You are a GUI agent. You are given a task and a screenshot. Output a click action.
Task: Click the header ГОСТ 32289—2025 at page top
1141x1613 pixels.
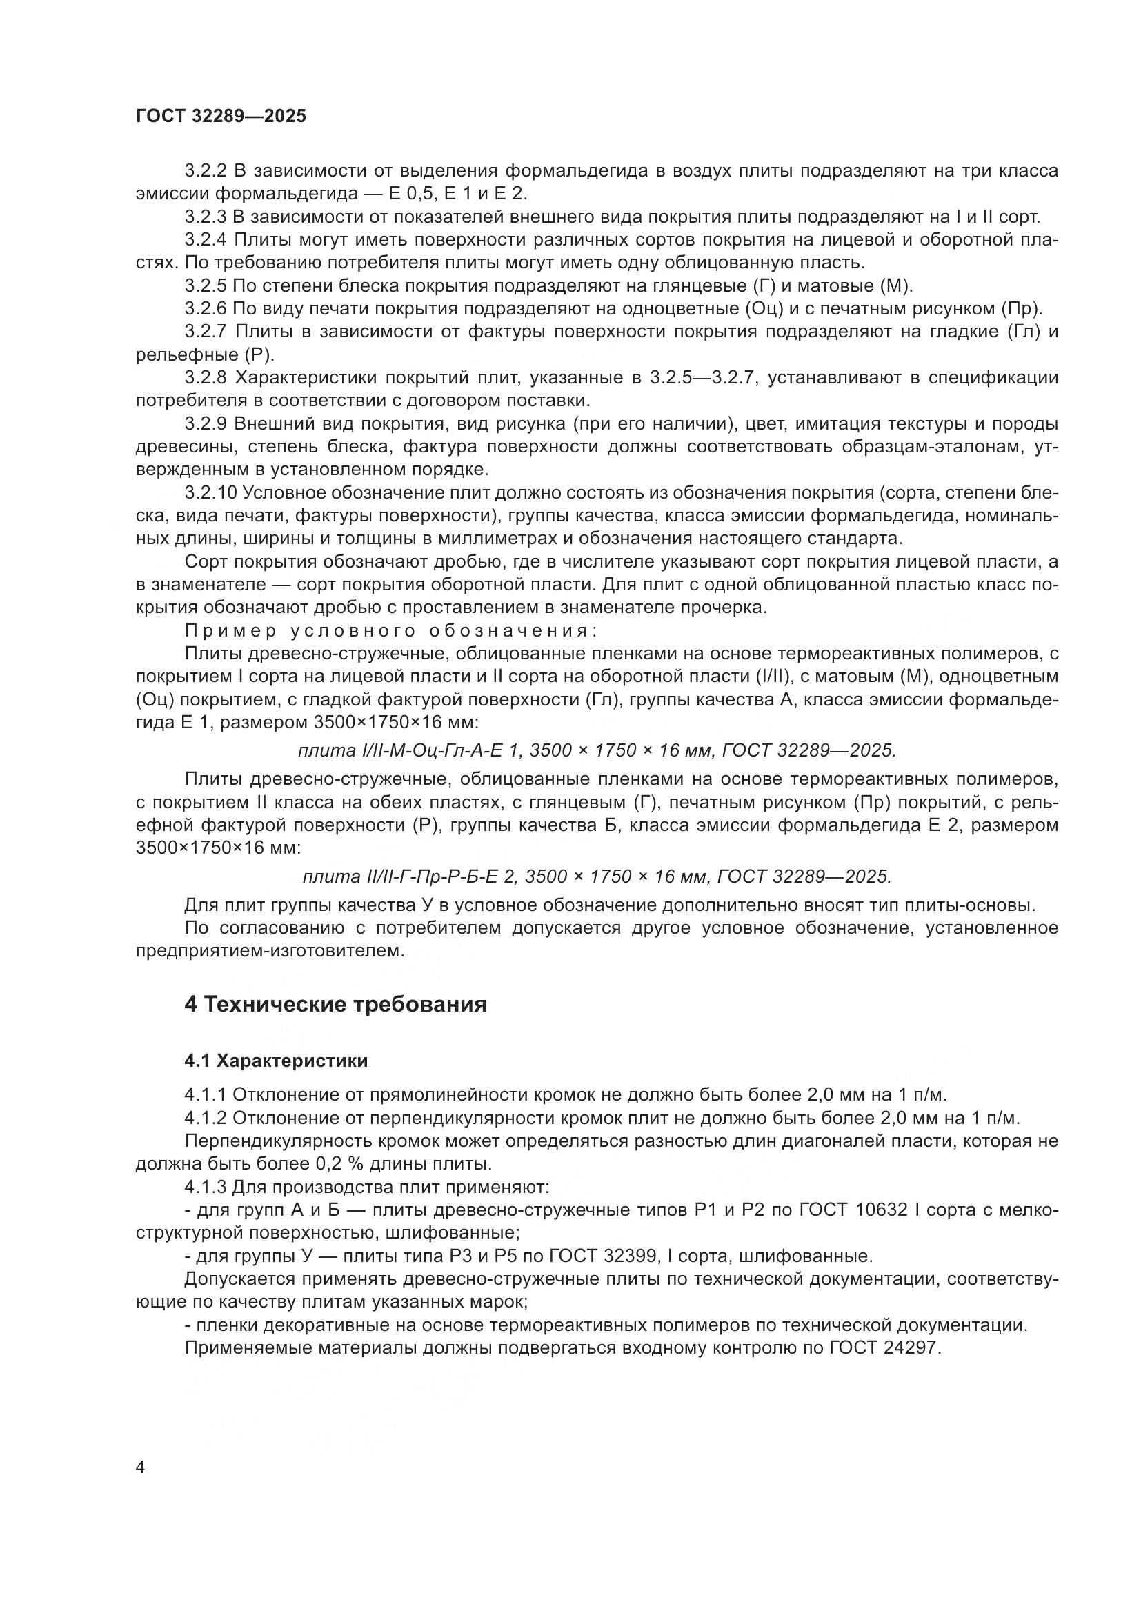tap(221, 117)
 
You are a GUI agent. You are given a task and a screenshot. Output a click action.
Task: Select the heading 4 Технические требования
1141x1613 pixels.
tap(335, 1005)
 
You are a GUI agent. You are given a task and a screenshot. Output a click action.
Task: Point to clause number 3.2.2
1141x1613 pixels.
tap(206, 171)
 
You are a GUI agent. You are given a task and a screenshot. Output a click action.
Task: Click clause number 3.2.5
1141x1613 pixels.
tap(206, 286)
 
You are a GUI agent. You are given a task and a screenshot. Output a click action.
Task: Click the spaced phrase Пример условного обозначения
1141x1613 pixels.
tap(390, 630)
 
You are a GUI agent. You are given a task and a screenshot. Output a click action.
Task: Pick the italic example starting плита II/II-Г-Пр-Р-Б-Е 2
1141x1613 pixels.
tap(597, 876)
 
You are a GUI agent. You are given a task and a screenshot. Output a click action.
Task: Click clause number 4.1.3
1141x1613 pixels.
tap(206, 1188)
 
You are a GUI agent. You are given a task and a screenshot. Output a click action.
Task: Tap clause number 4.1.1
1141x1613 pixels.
tap(206, 1095)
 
